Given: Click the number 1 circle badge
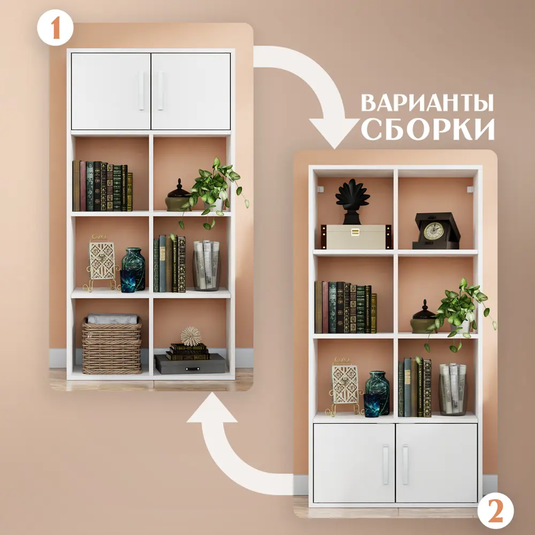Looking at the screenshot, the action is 55,28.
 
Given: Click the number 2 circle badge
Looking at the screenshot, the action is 495,510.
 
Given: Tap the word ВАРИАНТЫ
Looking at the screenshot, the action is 427,103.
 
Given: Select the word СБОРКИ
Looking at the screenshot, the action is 428,129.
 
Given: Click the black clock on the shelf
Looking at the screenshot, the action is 433,231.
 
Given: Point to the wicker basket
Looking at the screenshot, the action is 112,346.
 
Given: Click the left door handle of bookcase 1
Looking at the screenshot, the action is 142,91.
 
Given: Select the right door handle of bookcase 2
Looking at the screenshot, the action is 405,464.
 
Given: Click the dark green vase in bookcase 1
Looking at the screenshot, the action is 134,269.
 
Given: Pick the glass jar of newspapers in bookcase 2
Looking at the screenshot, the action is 453,389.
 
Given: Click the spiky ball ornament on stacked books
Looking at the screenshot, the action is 191,336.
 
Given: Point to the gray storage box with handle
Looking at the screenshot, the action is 190,364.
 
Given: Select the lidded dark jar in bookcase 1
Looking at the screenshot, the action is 178,196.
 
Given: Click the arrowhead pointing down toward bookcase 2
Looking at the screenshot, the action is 334,132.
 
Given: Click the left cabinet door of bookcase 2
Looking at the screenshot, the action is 354,463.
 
